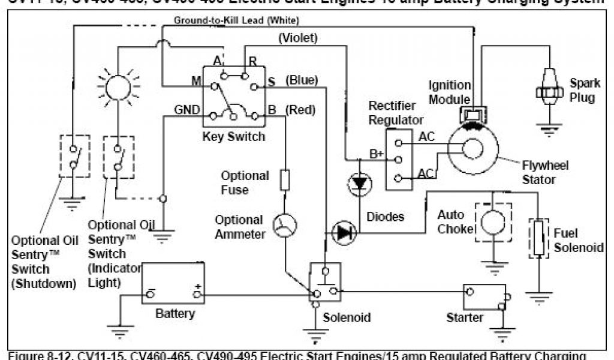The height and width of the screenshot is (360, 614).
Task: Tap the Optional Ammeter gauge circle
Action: (x=284, y=226)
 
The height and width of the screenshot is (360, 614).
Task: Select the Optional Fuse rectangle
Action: (x=285, y=179)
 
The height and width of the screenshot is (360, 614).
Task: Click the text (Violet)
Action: (x=298, y=38)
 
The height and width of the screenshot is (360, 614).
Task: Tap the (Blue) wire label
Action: (x=302, y=80)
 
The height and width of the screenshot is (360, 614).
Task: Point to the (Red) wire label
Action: (x=300, y=109)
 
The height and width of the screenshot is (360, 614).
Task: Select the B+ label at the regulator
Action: (x=376, y=154)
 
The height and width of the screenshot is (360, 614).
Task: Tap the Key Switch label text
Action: (x=233, y=136)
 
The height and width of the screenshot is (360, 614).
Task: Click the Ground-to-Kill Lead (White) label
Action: (x=228, y=20)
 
